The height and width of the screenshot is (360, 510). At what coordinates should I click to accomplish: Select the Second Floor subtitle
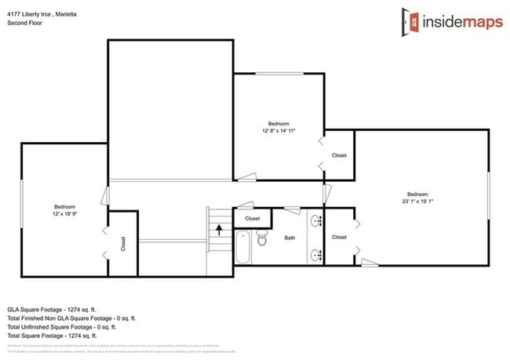(x=24, y=23)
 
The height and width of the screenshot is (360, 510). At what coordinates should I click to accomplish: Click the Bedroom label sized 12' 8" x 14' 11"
(x=279, y=128)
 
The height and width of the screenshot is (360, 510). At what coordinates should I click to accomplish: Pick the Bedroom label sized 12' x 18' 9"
(x=64, y=210)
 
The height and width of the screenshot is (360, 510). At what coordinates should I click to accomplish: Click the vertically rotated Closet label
(x=123, y=244)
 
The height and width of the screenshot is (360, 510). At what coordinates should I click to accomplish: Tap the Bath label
(x=290, y=238)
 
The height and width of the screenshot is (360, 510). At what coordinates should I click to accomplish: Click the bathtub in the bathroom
(x=243, y=249)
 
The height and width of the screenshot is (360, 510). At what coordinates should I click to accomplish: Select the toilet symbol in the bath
(x=262, y=240)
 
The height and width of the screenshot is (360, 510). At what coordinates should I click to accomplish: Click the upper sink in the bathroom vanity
(x=316, y=220)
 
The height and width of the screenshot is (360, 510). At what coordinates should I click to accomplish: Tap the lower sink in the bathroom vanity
(x=316, y=254)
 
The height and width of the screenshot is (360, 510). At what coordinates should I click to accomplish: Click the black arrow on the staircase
(x=219, y=230)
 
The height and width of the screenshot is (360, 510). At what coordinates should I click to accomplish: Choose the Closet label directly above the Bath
(x=253, y=218)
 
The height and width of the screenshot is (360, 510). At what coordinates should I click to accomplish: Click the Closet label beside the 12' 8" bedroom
(x=339, y=155)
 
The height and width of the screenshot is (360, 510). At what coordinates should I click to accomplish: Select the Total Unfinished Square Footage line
(x=60, y=327)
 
